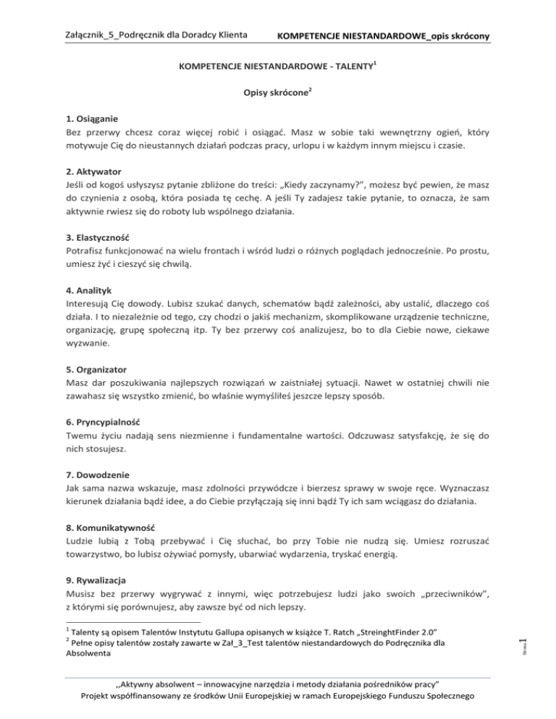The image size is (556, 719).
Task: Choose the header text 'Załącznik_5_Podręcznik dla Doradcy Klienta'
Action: click(156, 35)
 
